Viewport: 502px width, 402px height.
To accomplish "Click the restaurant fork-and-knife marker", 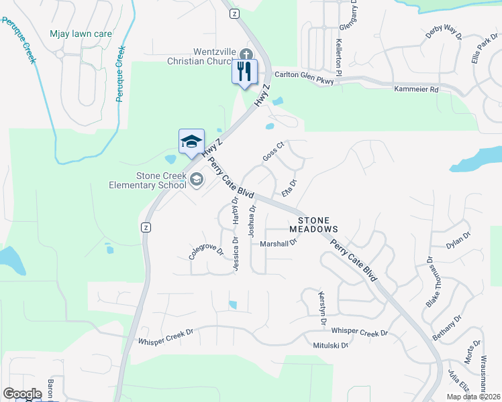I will click(244, 70).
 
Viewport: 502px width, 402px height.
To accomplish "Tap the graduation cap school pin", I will click(191, 141).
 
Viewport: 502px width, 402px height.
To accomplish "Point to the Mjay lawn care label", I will click(81, 33).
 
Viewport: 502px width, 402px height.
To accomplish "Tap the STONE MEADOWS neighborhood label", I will click(313, 224).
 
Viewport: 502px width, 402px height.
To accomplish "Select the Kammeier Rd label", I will click(416, 89).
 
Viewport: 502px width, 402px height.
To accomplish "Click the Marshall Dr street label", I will click(278, 243).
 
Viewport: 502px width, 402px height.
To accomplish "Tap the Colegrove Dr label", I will click(205, 252).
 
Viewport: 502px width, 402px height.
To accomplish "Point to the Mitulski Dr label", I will click(331, 346).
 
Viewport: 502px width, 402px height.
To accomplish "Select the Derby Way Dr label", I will click(444, 33).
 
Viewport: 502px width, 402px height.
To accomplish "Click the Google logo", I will click(22, 394).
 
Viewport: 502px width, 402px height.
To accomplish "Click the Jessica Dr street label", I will click(236, 255).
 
